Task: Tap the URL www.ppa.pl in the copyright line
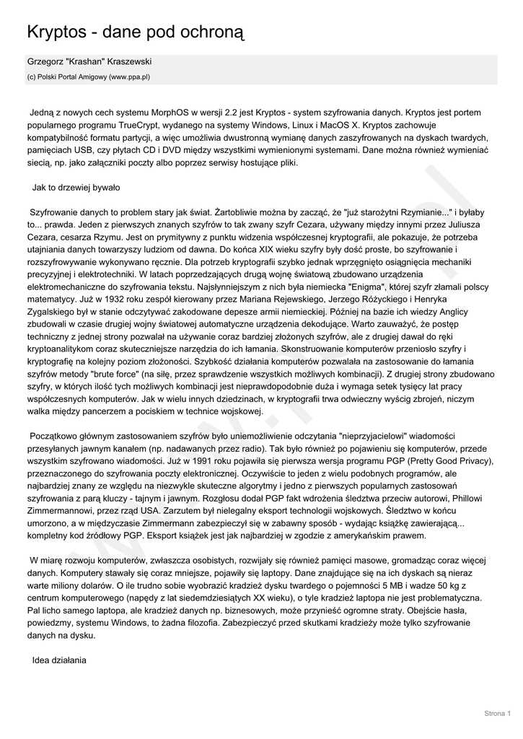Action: (129, 76)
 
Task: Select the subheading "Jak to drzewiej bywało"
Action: (76, 188)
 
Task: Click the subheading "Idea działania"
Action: (59, 660)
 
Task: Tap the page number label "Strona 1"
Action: (497, 714)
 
